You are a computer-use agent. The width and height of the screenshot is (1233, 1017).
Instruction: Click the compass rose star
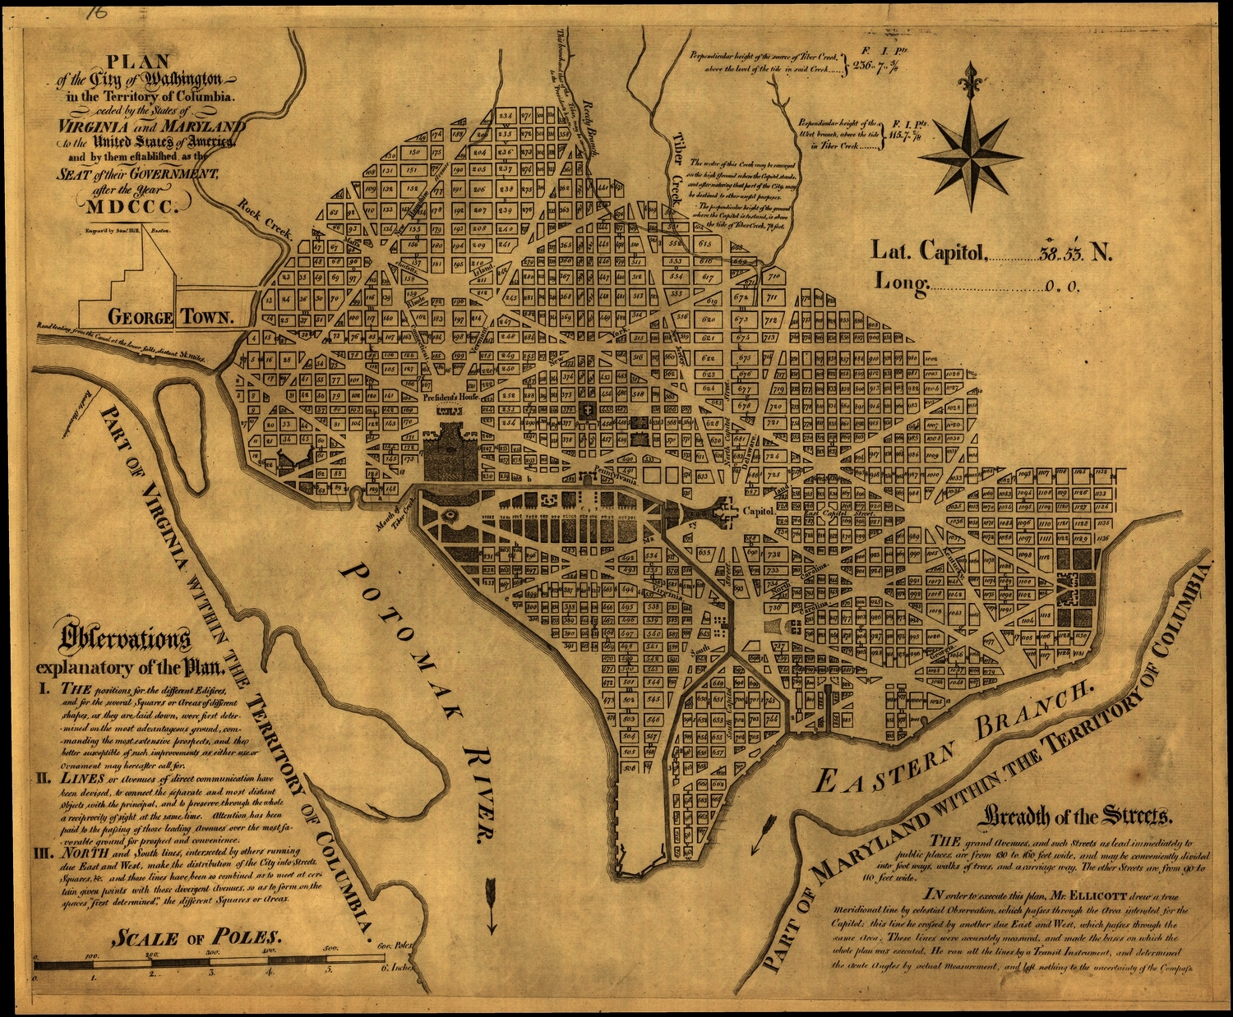click(x=974, y=155)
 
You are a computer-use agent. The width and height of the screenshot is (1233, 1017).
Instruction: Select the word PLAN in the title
click(x=139, y=62)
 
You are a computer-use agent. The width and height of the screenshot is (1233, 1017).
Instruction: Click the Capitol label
click(x=758, y=511)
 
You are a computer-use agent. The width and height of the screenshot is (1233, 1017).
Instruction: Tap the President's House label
click(x=450, y=397)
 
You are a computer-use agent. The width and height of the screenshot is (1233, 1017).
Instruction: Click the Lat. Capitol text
click(x=928, y=251)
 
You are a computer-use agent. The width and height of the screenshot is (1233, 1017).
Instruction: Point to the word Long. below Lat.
click(x=901, y=283)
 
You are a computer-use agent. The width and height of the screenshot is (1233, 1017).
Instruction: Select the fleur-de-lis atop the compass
click(x=973, y=81)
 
